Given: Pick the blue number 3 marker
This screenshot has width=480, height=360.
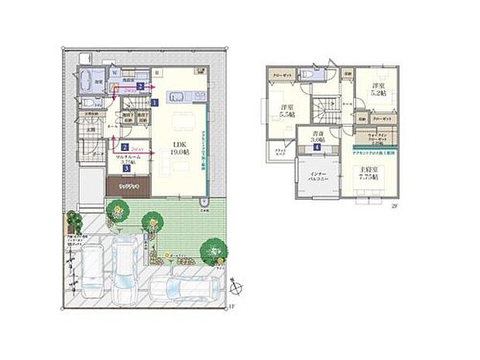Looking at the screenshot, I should tap(126, 168).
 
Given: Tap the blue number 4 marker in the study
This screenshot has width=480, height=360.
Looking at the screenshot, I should tap(317, 147).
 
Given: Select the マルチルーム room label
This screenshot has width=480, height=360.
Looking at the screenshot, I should tap(126, 158).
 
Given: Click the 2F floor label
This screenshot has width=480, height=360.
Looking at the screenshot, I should tap(394, 206).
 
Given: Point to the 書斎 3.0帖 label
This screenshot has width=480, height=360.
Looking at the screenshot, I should tap(317, 136).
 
